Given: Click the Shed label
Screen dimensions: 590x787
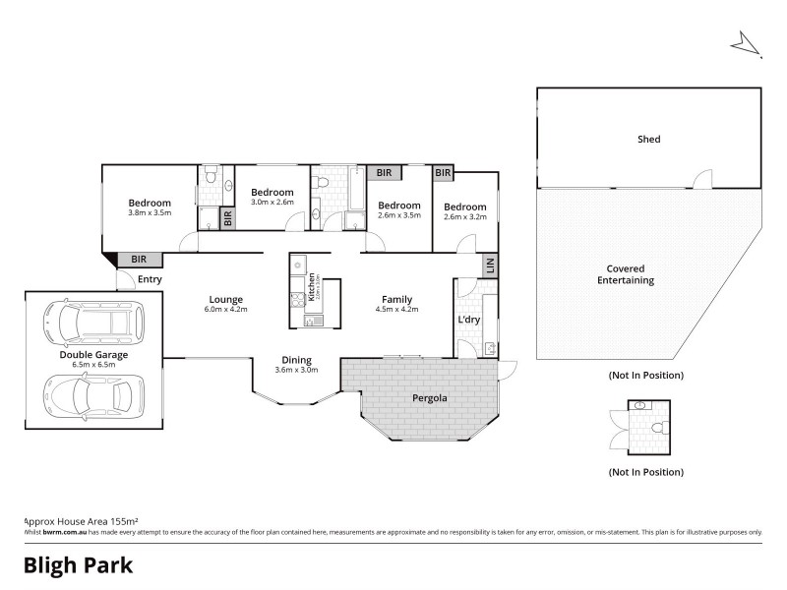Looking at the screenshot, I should point(648,140).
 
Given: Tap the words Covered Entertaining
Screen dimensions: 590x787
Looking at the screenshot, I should point(631,274).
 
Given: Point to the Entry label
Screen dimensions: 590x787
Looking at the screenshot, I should point(150,279).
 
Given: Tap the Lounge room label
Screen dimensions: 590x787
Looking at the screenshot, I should point(225,299).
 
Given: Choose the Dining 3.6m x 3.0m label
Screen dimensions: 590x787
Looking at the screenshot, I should point(296,364).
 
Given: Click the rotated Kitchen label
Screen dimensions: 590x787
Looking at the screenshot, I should point(312,285).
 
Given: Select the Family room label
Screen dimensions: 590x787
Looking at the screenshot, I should point(397,299).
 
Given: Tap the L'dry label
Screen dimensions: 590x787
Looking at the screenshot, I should point(468,321).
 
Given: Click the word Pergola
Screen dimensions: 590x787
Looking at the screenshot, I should point(430,399).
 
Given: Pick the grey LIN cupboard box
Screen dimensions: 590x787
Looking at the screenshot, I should point(489,265).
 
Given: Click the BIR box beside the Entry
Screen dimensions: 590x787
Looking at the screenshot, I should point(139,260).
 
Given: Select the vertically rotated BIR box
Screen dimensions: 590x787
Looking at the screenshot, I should point(227,217).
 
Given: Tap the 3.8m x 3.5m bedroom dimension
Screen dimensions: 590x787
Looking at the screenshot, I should point(150,213).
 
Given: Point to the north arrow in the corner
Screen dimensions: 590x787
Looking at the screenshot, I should point(746,45).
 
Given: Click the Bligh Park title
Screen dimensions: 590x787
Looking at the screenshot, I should point(78,565).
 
